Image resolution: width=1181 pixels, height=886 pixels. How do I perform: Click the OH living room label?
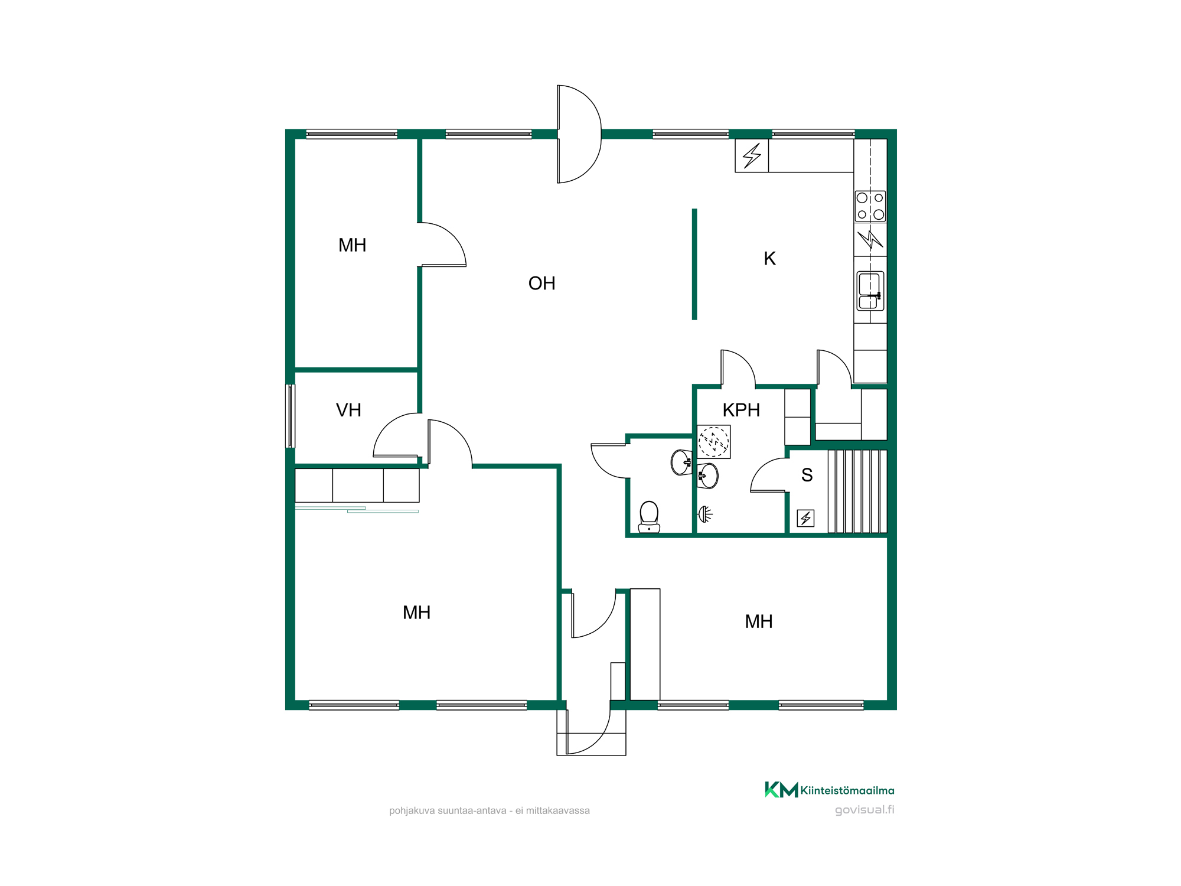coord(541,284)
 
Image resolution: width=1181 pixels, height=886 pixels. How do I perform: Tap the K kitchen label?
coord(769,259)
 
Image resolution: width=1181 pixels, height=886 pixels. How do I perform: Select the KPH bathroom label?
coord(741,410)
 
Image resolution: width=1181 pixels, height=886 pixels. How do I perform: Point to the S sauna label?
coord(807,475)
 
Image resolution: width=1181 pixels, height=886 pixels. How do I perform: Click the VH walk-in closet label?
coord(348,410)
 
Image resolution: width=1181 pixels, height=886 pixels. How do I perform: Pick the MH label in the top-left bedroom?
coord(352,245)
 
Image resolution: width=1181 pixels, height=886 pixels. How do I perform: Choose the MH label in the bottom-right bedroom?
coord(759,621)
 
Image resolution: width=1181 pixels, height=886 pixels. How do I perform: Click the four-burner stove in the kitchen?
coord(870,206)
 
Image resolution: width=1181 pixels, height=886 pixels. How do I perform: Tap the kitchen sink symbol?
coord(870,291)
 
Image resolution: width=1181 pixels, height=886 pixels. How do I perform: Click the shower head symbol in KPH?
coord(705,514)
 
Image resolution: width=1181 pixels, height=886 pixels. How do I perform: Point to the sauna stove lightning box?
coord(805,518)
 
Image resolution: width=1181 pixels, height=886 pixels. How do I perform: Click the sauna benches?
coord(857,491)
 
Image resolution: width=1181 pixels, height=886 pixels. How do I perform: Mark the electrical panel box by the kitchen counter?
coord(752,156)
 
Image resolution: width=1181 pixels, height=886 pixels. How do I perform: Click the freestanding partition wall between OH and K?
coord(694,264)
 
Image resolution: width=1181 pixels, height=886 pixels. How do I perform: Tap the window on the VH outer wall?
coord(290,416)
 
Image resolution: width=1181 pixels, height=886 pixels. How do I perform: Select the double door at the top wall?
coord(579,134)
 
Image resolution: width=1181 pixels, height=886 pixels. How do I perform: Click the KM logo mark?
coord(781,790)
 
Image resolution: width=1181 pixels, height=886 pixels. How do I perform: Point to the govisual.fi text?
coord(864,810)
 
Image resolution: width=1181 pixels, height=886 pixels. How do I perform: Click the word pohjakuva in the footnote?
coord(412,811)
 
